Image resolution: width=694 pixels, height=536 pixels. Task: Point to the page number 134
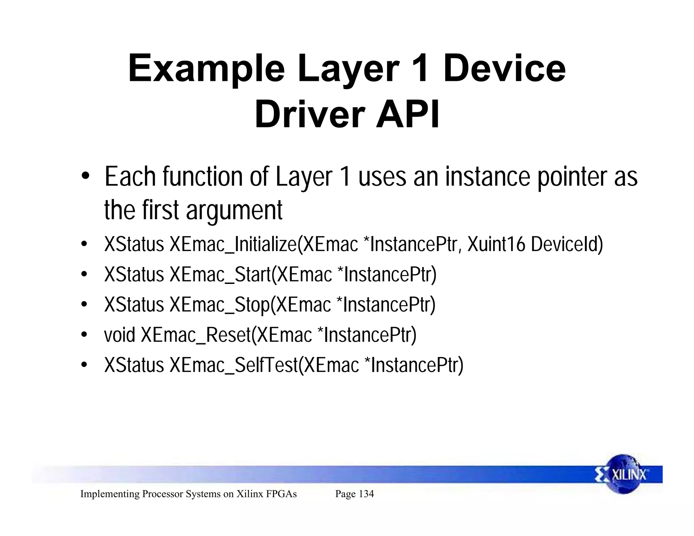[x=366, y=494]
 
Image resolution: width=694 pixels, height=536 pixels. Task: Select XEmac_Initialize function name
[x=233, y=244]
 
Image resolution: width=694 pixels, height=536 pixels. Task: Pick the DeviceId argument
[x=567, y=244]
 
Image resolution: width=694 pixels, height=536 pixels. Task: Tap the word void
[x=120, y=335]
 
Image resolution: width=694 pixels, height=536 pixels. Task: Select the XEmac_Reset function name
[x=196, y=335]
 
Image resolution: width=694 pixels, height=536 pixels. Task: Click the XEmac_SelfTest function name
[x=233, y=365]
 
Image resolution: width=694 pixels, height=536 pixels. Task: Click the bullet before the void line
[x=84, y=335]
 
